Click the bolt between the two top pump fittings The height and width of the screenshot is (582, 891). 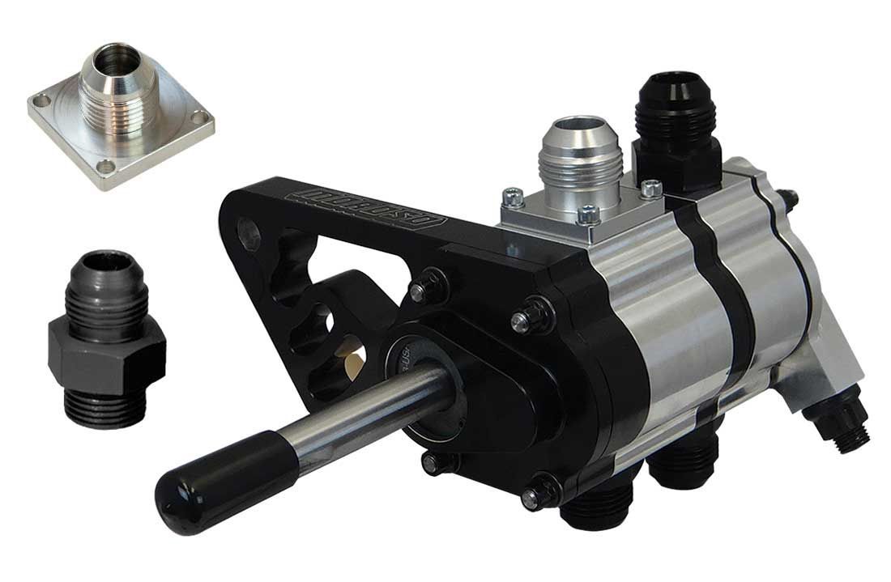649,189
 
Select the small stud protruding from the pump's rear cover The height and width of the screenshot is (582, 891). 790,197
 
